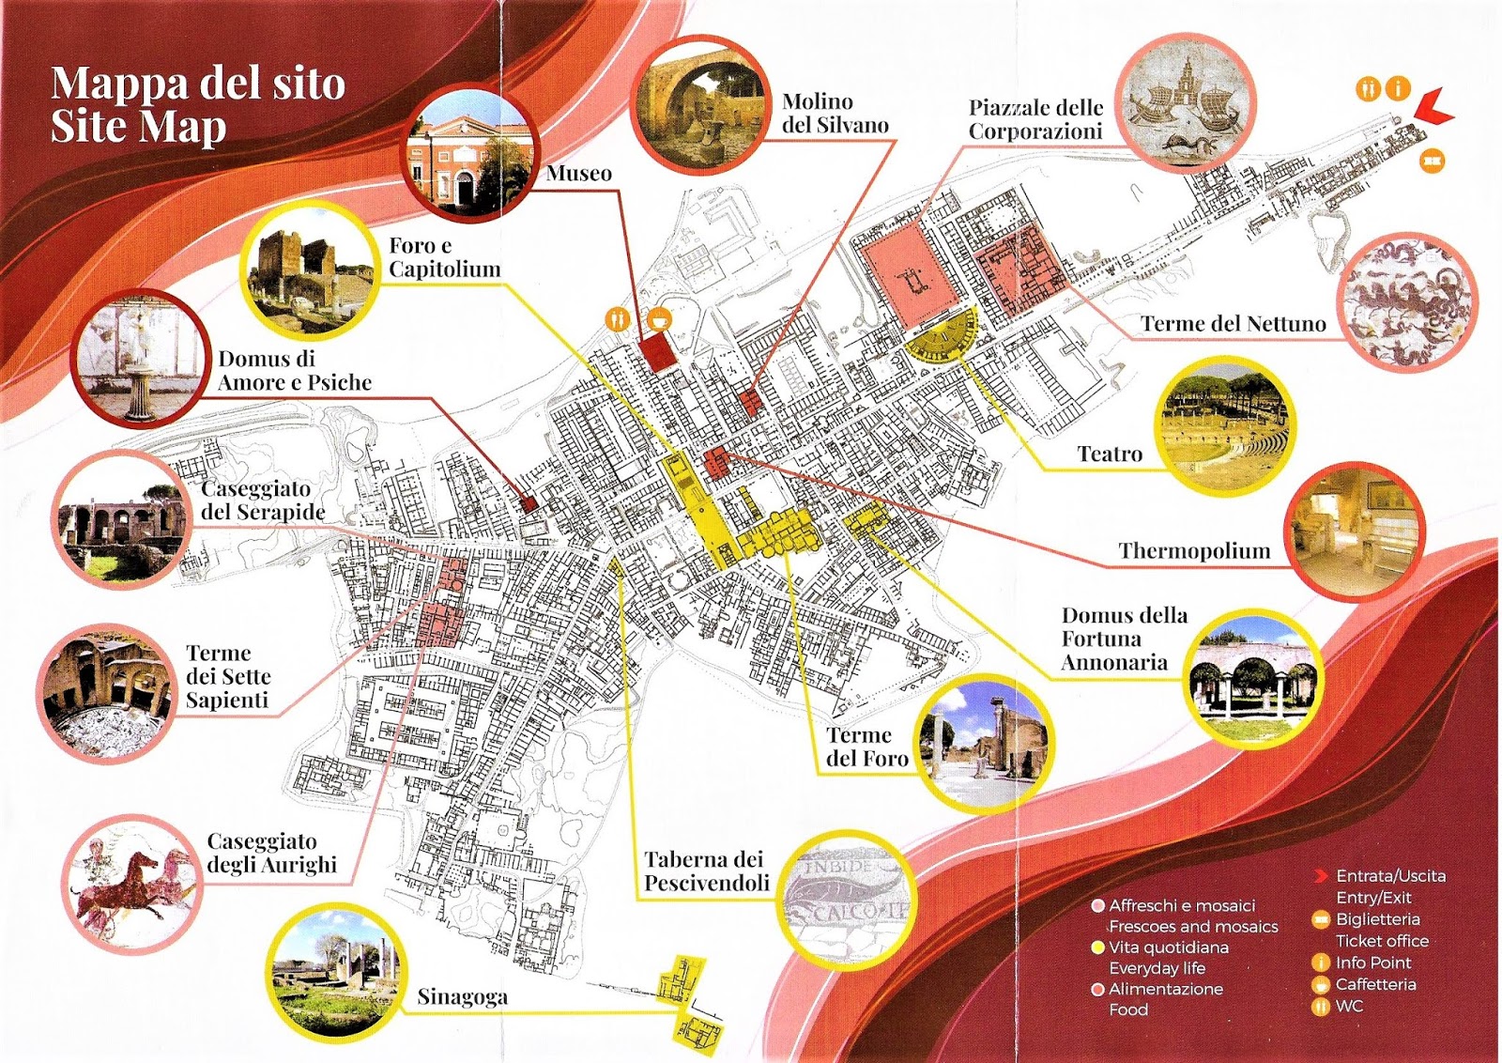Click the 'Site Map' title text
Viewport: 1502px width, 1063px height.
pos(138,128)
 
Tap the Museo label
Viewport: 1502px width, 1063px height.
pos(578,173)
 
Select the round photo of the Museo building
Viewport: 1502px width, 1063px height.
pos(470,156)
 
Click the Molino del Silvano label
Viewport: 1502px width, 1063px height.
pos(835,114)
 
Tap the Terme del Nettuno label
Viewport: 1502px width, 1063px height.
pos(1233,324)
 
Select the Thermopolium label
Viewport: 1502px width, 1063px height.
pos(1193,551)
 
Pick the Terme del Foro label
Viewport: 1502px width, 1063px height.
pos(866,747)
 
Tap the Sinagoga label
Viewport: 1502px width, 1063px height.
pos(462,996)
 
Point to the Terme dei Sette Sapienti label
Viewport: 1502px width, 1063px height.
pos(227,676)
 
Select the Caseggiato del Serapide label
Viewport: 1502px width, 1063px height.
pos(262,501)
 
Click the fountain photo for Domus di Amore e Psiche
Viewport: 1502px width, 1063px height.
pos(143,359)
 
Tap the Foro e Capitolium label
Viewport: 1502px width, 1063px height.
pos(444,257)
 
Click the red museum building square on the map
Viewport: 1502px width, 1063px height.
pos(657,352)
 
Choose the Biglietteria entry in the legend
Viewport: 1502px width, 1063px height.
pos(1377,919)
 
